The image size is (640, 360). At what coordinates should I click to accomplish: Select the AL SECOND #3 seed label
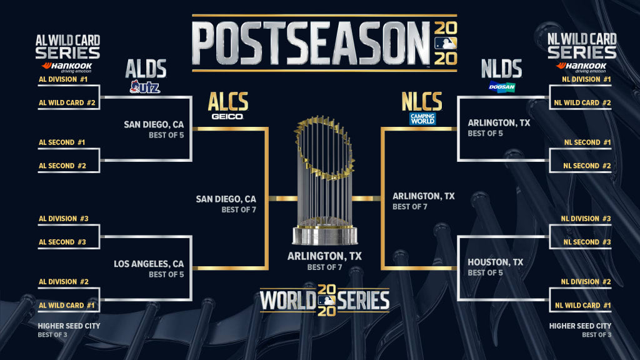(62, 242)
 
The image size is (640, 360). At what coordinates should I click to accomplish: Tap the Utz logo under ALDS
(145, 87)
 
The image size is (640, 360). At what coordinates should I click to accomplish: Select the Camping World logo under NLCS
(422, 118)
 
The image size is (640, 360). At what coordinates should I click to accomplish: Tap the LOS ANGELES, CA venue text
(149, 264)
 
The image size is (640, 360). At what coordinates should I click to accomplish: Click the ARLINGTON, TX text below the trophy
(324, 256)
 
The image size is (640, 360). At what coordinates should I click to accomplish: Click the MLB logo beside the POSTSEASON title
(446, 43)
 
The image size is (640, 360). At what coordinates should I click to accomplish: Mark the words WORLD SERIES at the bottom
(325, 301)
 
